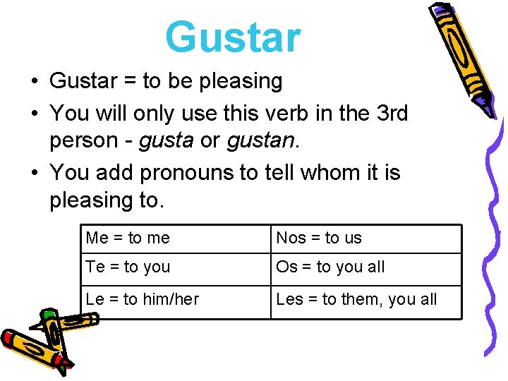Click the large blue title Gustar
pyautogui.click(x=233, y=37)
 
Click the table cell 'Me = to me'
pyautogui.click(x=128, y=238)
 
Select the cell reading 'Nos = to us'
pyautogui.click(x=319, y=238)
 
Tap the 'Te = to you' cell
pyautogui.click(x=128, y=267)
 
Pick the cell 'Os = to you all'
pyautogui.click(x=330, y=267)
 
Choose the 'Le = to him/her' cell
pyautogui.click(x=142, y=299)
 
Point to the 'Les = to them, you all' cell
pyautogui.click(x=356, y=299)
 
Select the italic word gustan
pyautogui.click(x=258, y=140)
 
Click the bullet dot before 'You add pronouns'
pyautogui.click(x=34, y=173)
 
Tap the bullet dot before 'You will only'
pyautogui.click(x=34, y=113)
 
